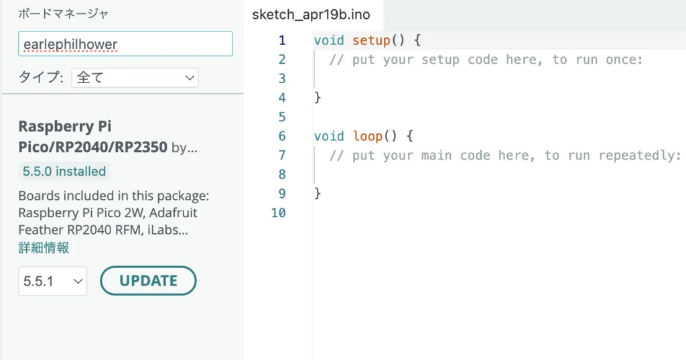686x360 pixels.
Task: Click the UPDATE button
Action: pyautogui.click(x=148, y=281)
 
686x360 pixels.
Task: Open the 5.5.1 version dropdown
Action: pyautogui.click(x=52, y=281)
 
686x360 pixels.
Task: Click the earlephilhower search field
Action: pyautogui.click(x=125, y=44)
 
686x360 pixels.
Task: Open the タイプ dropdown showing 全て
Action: pyautogui.click(x=135, y=78)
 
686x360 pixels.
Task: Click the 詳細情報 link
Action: pyautogui.click(x=44, y=248)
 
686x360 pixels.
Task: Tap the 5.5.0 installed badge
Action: pyautogui.click(x=64, y=171)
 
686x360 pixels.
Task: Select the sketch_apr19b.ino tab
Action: pyautogui.click(x=311, y=15)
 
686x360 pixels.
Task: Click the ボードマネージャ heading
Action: pyautogui.click(x=63, y=14)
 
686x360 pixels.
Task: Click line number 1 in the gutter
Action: pyautogui.click(x=282, y=40)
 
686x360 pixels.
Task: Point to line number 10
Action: pyautogui.click(x=278, y=213)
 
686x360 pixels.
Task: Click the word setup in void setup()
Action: pyautogui.click(x=371, y=40)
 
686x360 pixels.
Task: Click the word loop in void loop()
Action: pyautogui.click(x=368, y=136)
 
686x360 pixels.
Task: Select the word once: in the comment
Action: pyautogui.click(x=624, y=60)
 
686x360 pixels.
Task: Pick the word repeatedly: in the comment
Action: pyautogui.click(x=640, y=156)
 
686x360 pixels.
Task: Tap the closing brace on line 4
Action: pyautogui.click(x=318, y=97)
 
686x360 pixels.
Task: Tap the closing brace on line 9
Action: pyautogui.click(x=318, y=193)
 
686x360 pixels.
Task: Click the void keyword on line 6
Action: pyautogui.click(x=329, y=136)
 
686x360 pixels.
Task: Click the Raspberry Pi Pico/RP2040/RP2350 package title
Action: pyautogui.click(x=92, y=137)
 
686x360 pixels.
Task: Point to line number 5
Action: pyautogui.click(x=282, y=117)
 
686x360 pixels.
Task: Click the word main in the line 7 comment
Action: pyautogui.click(x=436, y=156)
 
